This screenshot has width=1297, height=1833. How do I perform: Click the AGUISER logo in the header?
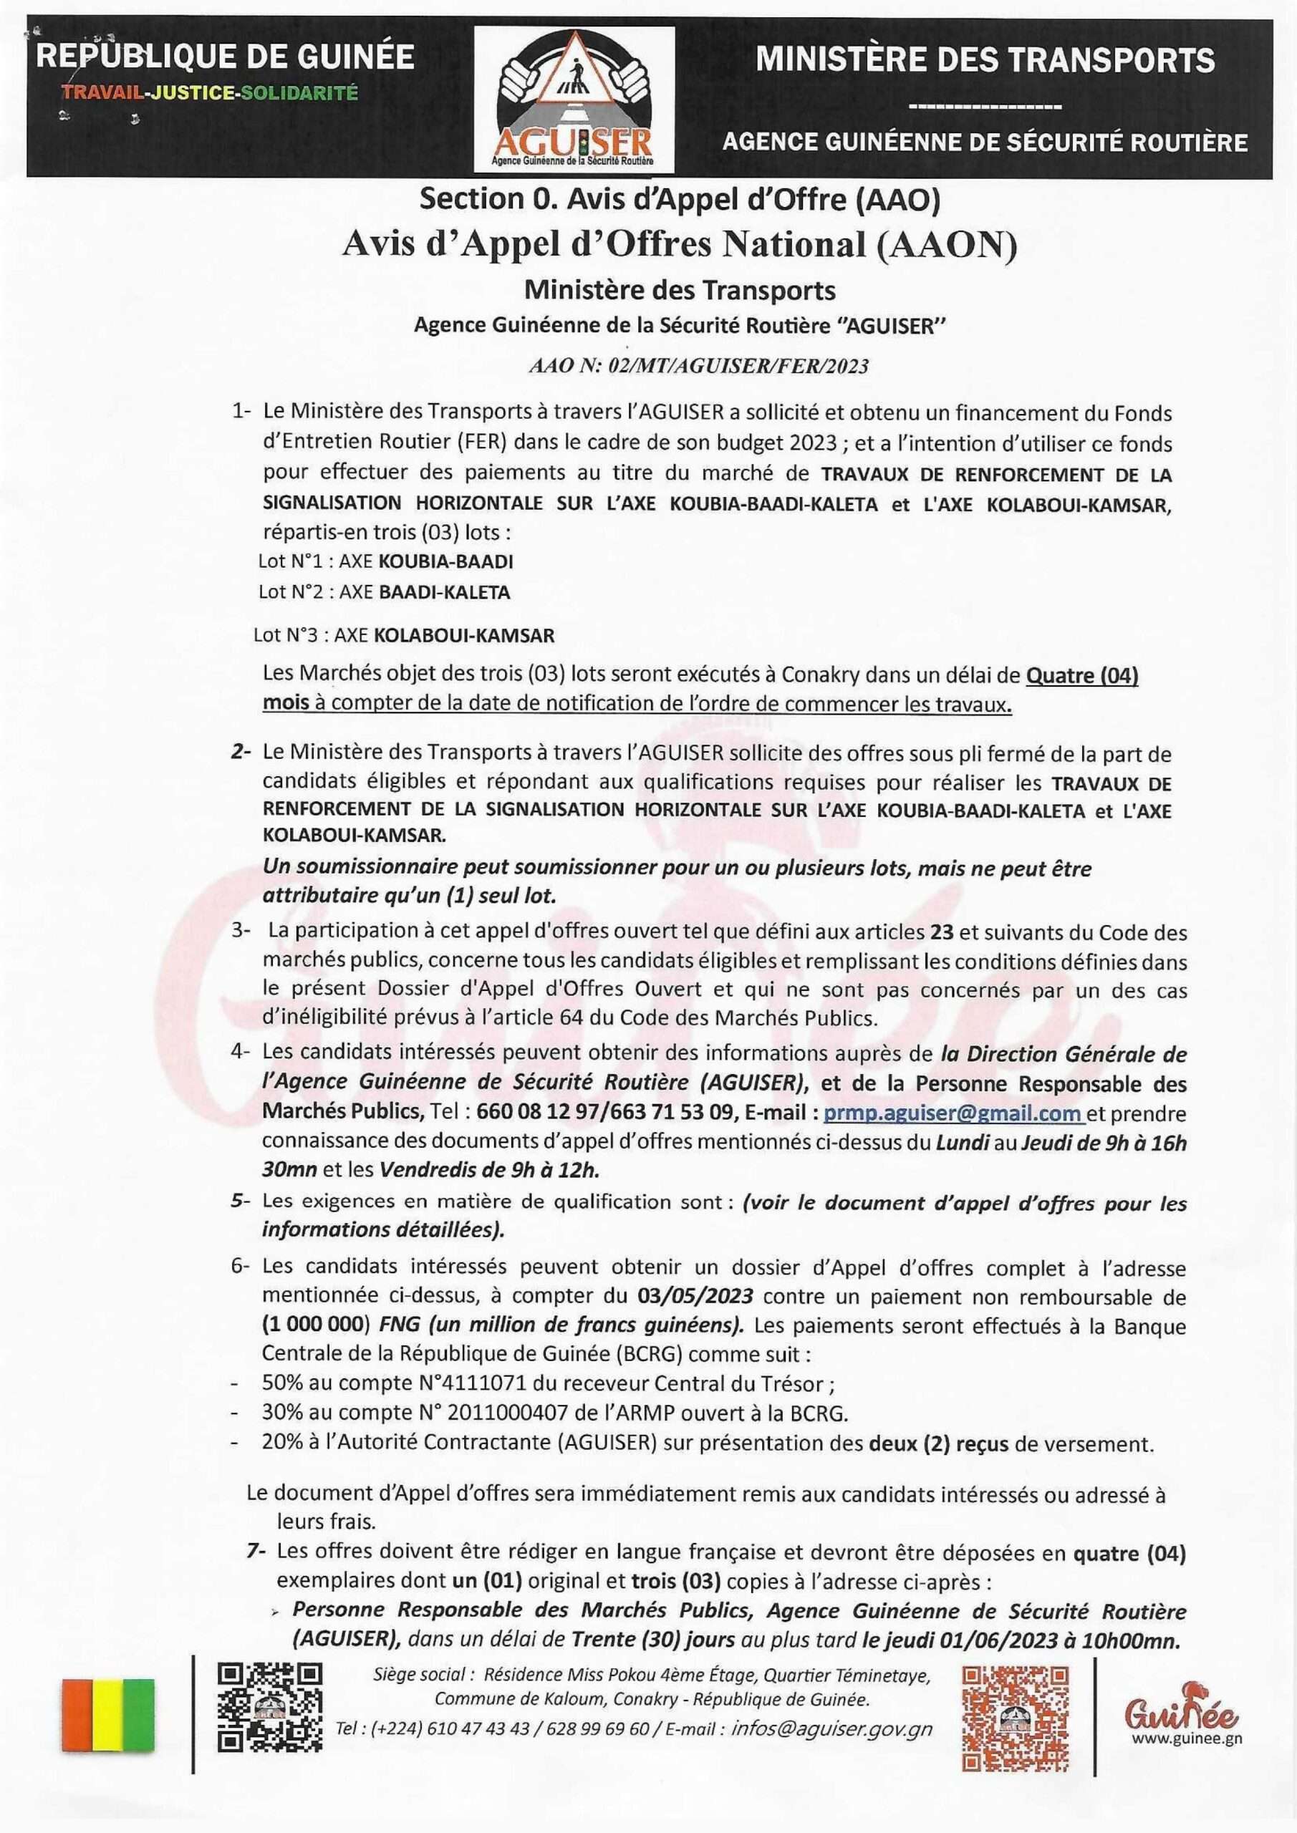(x=574, y=100)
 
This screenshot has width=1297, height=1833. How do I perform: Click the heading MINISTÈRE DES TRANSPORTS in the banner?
(x=985, y=60)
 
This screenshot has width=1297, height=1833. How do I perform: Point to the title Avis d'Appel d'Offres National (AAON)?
(x=680, y=247)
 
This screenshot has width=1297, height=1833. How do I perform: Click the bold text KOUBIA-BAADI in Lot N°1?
(x=445, y=561)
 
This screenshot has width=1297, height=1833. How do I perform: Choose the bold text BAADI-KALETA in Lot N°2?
(x=444, y=592)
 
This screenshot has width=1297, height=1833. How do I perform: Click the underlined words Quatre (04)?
(x=1081, y=676)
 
